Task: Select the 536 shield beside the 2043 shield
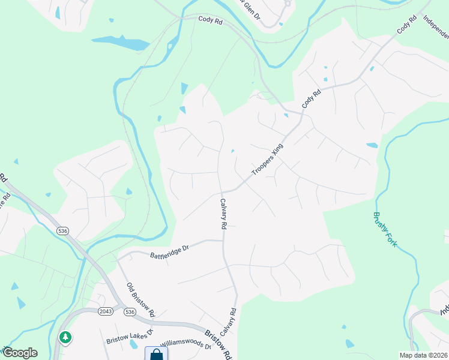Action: coord(129,311)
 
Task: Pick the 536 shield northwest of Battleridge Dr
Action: coord(62,230)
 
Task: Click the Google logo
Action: coord(19,352)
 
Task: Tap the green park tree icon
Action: coord(64,337)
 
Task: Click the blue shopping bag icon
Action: coord(156,354)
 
